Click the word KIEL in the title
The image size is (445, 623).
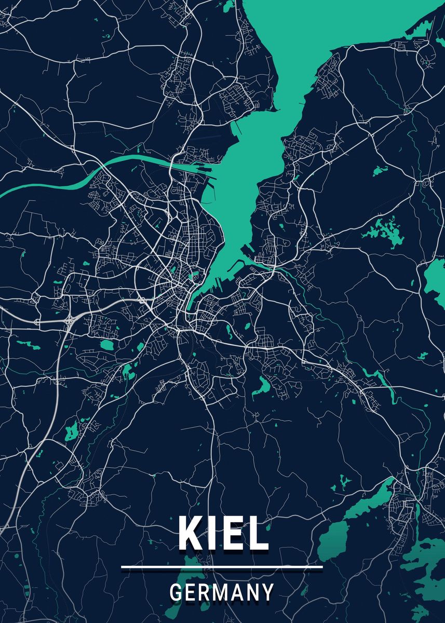(x=223, y=533)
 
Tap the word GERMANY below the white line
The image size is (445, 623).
(x=222, y=592)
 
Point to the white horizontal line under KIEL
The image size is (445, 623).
(x=222, y=567)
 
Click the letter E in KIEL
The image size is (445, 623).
(x=232, y=533)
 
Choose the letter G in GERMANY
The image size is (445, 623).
(x=176, y=592)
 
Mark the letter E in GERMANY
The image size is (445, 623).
(x=191, y=592)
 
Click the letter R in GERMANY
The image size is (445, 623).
(x=204, y=592)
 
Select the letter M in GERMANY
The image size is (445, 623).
(x=220, y=592)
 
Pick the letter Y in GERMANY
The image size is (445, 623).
(x=267, y=592)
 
